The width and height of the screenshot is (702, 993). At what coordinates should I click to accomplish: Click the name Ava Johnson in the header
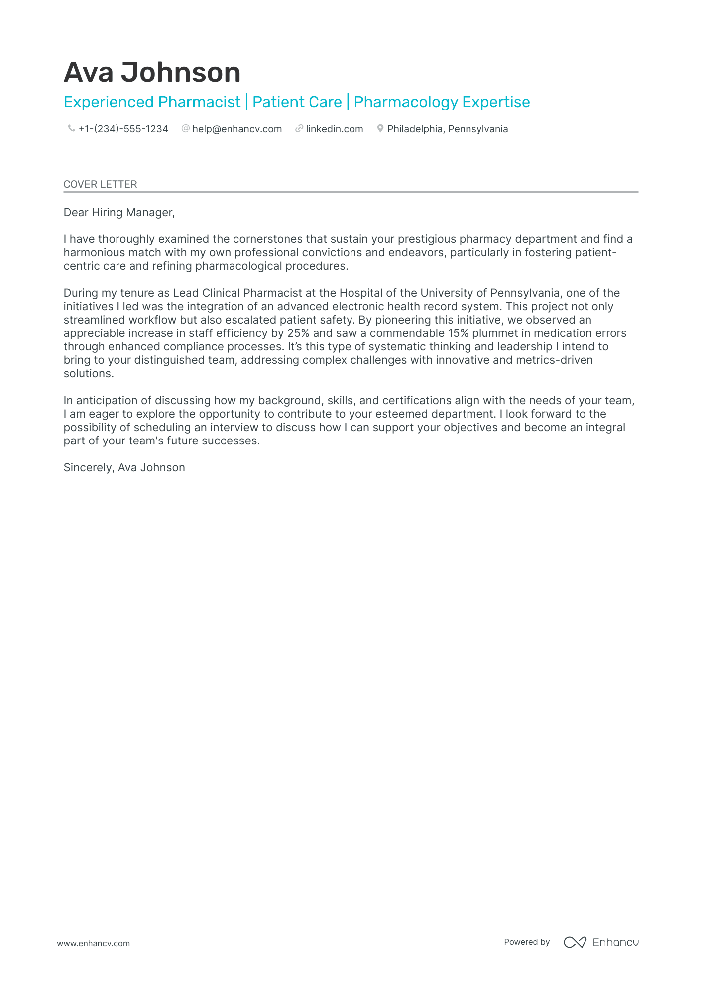pyautogui.click(x=152, y=72)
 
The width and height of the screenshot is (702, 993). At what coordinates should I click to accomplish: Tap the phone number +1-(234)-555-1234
pyautogui.click(x=123, y=129)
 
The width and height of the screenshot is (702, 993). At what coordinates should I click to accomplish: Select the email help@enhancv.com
pyautogui.click(x=237, y=129)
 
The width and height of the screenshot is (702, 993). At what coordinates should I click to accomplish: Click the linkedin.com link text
pyautogui.click(x=334, y=129)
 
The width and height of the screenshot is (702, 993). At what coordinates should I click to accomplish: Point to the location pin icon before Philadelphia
pyautogui.click(x=380, y=128)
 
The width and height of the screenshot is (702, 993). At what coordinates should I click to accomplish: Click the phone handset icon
pyautogui.click(x=71, y=128)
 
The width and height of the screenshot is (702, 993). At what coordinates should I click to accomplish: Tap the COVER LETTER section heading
pyautogui.click(x=100, y=184)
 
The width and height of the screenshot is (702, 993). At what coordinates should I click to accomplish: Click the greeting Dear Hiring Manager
pyautogui.click(x=119, y=212)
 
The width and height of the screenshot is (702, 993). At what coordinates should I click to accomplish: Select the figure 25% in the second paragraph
pyautogui.click(x=298, y=333)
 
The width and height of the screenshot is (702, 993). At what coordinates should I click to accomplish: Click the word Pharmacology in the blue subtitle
pyautogui.click(x=405, y=102)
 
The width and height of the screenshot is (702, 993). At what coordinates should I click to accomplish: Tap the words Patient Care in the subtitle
pyautogui.click(x=297, y=102)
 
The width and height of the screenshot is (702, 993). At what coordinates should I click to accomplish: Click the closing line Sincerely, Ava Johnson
pyautogui.click(x=124, y=467)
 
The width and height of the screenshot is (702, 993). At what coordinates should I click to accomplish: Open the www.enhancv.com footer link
pyautogui.click(x=93, y=943)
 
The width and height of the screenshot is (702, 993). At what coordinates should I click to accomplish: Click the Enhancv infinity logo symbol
pyautogui.click(x=575, y=942)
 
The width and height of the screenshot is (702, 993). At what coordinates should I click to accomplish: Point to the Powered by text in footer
pyautogui.click(x=526, y=942)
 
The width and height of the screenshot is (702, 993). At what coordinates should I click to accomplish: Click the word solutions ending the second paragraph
pyautogui.click(x=88, y=373)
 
